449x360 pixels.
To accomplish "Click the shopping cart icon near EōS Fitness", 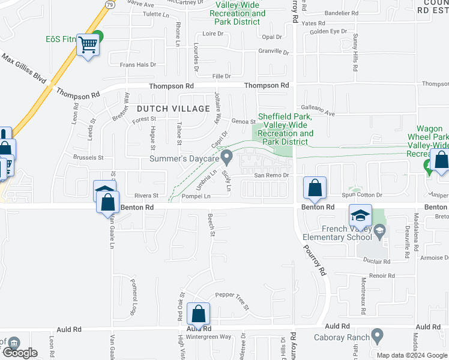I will (x=88, y=44).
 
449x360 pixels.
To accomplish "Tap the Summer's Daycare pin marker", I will (x=227, y=157).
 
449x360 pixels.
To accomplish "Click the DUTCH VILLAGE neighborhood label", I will (x=173, y=109).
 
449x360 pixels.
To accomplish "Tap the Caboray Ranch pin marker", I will (x=377, y=334).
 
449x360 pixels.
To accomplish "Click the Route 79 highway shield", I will (x=109, y=4).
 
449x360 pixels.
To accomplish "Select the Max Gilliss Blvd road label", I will (x=24, y=69).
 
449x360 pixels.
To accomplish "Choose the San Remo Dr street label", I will (x=272, y=175).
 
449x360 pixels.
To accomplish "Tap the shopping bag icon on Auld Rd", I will (x=198, y=314).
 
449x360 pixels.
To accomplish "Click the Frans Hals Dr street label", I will (x=138, y=64).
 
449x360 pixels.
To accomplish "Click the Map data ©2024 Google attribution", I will (x=412, y=355).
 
